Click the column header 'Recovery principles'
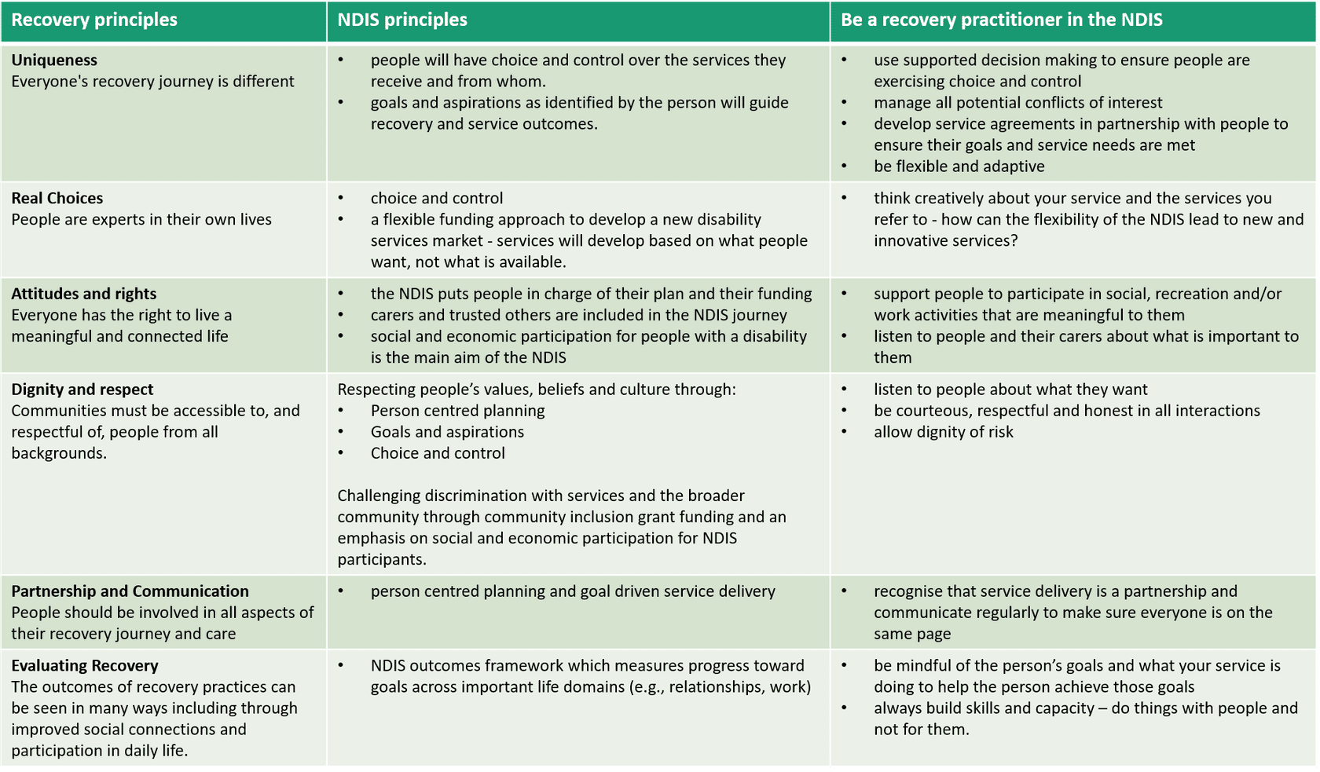point(94,20)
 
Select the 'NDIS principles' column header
point(402,20)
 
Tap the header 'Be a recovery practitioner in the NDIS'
point(1001,20)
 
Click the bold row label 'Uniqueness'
point(54,60)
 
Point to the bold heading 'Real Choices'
point(57,199)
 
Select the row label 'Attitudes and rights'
point(84,294)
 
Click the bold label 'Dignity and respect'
point(82,390)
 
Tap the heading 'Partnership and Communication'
point(130,591)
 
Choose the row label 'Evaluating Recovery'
point(85,666)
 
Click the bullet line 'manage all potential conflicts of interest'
point(1017,103)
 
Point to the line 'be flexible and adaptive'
point(959,166)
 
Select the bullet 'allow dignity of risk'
point(943,432)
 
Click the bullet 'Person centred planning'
point(457,411)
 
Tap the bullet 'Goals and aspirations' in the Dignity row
point(447,432)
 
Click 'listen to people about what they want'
point(1010,390)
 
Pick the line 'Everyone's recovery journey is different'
point(152,82)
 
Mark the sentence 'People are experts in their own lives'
point(141,220)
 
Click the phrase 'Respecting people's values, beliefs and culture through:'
point(537,390)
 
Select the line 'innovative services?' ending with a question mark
point(945,241)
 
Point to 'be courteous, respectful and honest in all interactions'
point(1066,411)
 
